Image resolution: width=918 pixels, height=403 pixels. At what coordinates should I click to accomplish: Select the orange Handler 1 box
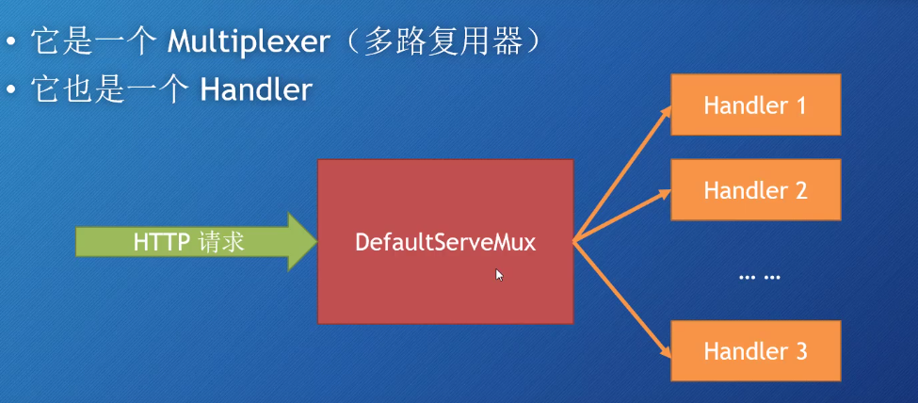(755, 105)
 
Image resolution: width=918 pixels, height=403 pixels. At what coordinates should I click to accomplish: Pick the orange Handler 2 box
(755, 190)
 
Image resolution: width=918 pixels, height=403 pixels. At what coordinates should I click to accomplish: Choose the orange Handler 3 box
(755, 352)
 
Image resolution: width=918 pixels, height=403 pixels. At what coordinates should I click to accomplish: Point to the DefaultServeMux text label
(445, 242)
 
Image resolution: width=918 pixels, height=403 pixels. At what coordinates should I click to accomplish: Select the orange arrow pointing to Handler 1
(623, 170)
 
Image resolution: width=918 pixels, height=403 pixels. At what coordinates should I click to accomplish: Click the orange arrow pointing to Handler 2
(623, 215)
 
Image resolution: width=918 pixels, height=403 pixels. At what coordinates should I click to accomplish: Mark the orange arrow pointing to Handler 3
(623, 298)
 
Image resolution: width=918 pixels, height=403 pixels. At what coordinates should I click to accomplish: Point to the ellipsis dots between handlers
(761, 278)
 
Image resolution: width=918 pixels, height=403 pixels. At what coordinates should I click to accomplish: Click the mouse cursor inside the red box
(499, 274)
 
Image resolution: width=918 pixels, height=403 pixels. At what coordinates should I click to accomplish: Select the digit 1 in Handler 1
(801, 105)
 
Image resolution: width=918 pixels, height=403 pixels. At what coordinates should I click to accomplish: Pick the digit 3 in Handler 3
(801, 352)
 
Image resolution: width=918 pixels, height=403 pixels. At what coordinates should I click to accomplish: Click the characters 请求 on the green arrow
(222, 242)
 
